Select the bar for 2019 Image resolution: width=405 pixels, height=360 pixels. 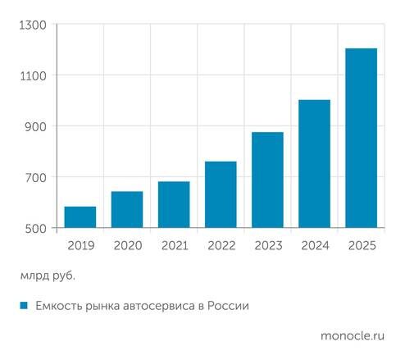(80, 217)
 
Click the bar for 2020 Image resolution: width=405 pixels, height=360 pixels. (127, 210)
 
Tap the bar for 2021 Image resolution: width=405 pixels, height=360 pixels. (174, 205)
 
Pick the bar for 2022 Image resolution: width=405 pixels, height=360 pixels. (221, 194)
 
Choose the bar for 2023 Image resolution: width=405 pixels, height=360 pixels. (267, 180)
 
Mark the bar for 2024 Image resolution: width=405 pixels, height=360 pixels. (315, 164)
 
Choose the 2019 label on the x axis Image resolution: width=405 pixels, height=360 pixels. (80, 245)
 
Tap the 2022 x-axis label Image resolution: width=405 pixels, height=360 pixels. (221, 245)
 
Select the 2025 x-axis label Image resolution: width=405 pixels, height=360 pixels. (362, 245)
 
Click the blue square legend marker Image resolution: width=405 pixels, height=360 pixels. (25, 306)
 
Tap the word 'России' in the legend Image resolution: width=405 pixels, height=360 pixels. (227, 306)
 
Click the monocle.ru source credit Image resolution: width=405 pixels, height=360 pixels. (352, 335)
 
